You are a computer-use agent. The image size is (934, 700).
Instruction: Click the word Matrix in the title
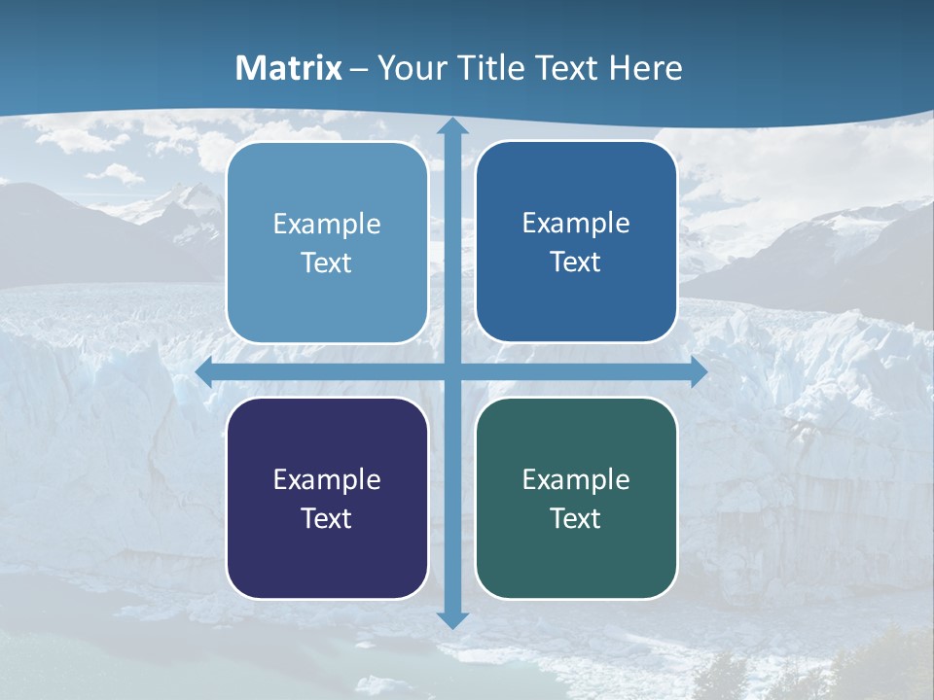click(x=289, y=68)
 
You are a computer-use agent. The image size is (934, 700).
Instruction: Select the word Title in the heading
click(x=491, y=68)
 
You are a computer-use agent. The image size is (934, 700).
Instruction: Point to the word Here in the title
click(x=645, y=68)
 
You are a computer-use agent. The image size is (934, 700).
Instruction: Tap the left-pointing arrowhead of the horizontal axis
click(x=204, y=372)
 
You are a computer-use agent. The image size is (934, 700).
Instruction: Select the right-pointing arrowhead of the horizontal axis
click(x=699, y=372)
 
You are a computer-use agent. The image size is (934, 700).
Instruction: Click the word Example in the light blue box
click(x=327, y=225)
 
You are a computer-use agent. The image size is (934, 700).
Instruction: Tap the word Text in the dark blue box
click(x=576, y=262)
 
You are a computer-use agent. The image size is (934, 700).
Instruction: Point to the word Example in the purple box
click(x=327, y=480)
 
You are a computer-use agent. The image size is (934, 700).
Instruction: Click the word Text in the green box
click(x=576, y=519)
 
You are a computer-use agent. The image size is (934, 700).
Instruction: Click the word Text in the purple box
click(x=327, y=519)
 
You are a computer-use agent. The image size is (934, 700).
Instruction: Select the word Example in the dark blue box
click(x=576, y=224)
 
